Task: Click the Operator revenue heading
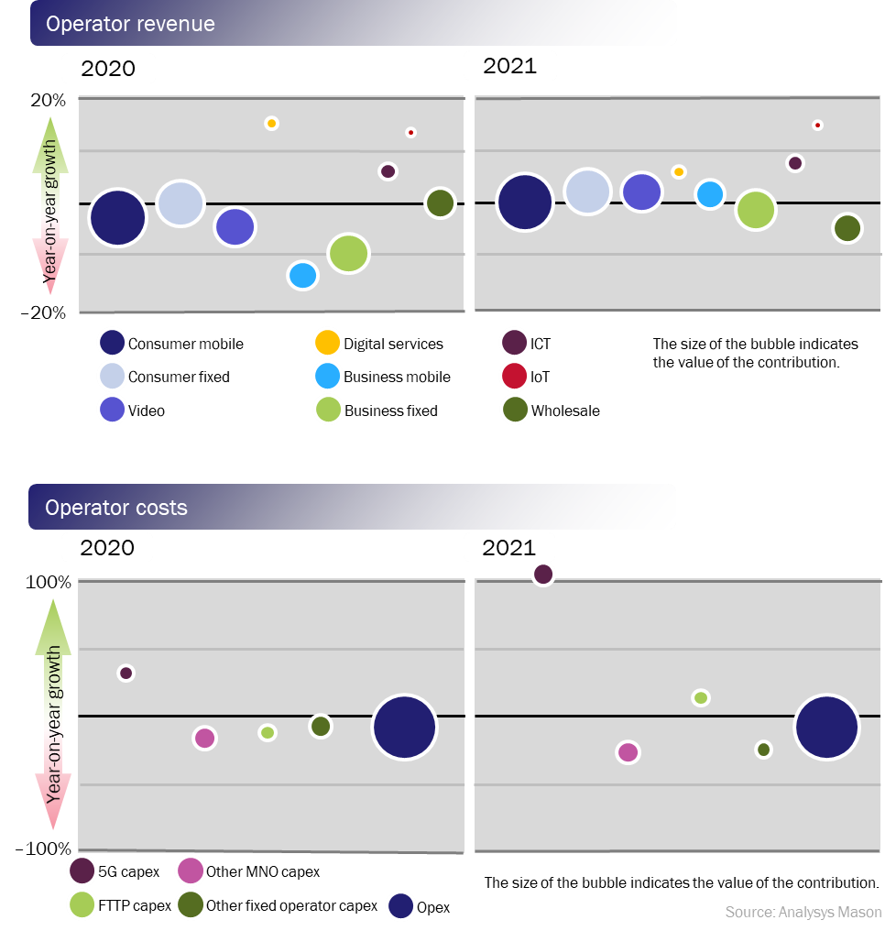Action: click(x=131, y=24)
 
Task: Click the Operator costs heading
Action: click(x=116, y=508)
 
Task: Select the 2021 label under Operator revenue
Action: click(x=509, y=66)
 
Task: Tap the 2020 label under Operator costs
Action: click(x=107, y=548)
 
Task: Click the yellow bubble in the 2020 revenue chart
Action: click(x=271, y=123)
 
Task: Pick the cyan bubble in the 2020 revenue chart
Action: click(x=302, y=275)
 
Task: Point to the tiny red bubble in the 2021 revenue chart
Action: click(x=817, y=125)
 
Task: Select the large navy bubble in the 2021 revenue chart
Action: click(x=525, y=202)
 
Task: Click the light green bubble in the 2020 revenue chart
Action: click(x=348, y=253)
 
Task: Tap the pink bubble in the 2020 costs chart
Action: click(x=204, y=738)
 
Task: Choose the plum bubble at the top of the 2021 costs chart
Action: click(x=542, y=574)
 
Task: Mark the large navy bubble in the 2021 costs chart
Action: click(x=826, y=727)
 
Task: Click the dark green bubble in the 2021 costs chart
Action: click(x=763, y=750)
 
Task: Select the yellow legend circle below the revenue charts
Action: click(x=327, y=343)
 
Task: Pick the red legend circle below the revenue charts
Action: click(x=515, y=376)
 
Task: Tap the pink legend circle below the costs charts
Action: click(x=191, y=871)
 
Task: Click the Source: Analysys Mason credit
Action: click(x=803, y=913)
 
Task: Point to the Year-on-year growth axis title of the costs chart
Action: click(x=55, y=724)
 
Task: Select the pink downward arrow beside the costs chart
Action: click(x=52, y=806)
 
